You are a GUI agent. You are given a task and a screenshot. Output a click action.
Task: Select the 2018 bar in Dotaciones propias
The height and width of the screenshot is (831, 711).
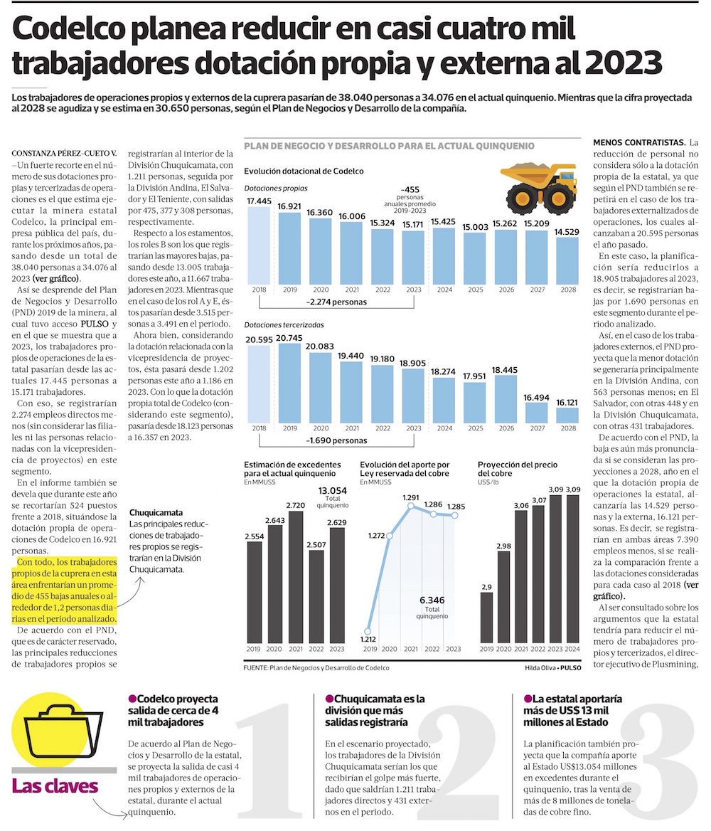[x=258, y=245]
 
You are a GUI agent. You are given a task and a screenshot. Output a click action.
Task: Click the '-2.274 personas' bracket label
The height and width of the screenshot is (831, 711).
[x=336, y=301]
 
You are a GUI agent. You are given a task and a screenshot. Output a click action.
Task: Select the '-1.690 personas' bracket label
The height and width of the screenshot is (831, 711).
[x=336, y=440]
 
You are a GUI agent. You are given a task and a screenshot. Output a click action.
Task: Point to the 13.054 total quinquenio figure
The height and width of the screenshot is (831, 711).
[x=333, y=491]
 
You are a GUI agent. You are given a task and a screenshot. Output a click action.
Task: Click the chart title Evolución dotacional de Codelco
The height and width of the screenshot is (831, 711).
[x=304, y=171]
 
